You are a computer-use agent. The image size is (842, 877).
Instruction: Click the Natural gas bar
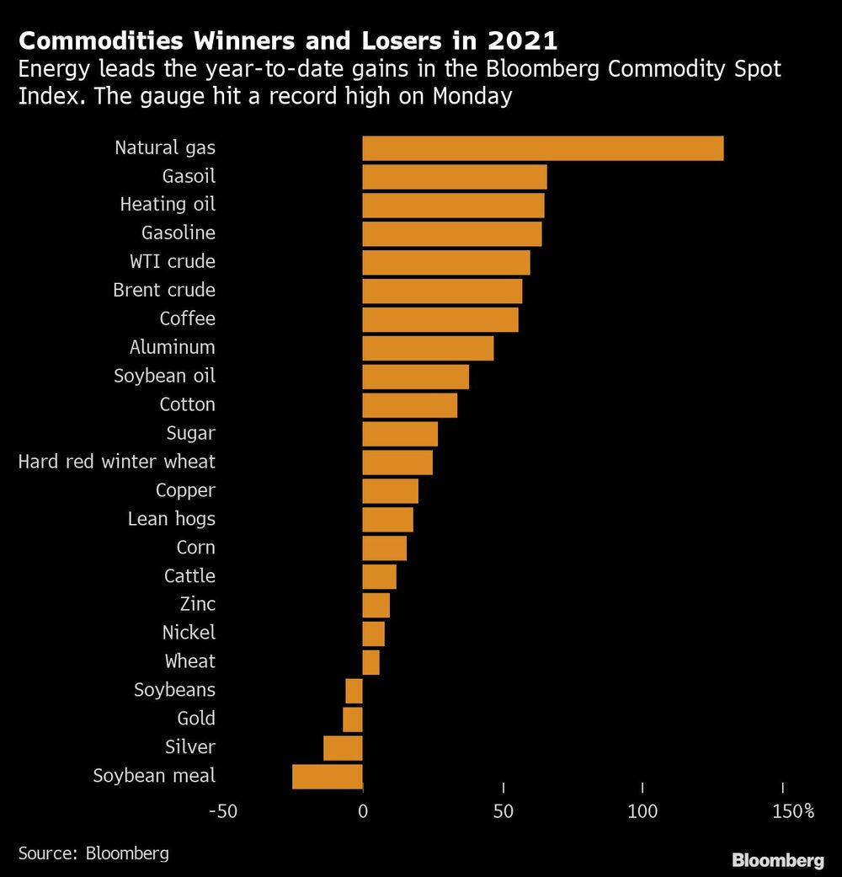542,148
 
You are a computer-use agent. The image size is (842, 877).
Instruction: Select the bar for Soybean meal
328,776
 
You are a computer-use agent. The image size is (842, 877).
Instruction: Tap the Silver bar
343,747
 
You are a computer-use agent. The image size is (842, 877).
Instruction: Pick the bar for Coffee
440,319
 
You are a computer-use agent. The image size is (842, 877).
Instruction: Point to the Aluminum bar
428,348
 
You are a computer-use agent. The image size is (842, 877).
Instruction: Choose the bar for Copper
390,490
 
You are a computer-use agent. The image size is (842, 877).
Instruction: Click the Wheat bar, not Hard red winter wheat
371,662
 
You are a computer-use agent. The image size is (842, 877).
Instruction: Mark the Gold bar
353,719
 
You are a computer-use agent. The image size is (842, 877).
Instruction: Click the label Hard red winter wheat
116,462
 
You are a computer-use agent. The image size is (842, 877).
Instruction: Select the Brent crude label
164,291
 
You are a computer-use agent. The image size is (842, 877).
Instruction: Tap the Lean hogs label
171,519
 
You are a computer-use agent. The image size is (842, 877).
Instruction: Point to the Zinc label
197,604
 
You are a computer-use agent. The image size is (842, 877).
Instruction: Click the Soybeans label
174,690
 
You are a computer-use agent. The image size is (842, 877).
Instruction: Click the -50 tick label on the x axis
222,812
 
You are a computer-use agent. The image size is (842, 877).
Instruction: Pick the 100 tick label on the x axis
642,812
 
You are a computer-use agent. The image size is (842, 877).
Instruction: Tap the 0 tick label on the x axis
363,812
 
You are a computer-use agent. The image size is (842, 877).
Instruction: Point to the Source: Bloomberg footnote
93,853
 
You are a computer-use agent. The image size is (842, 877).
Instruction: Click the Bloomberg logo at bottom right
777,860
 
